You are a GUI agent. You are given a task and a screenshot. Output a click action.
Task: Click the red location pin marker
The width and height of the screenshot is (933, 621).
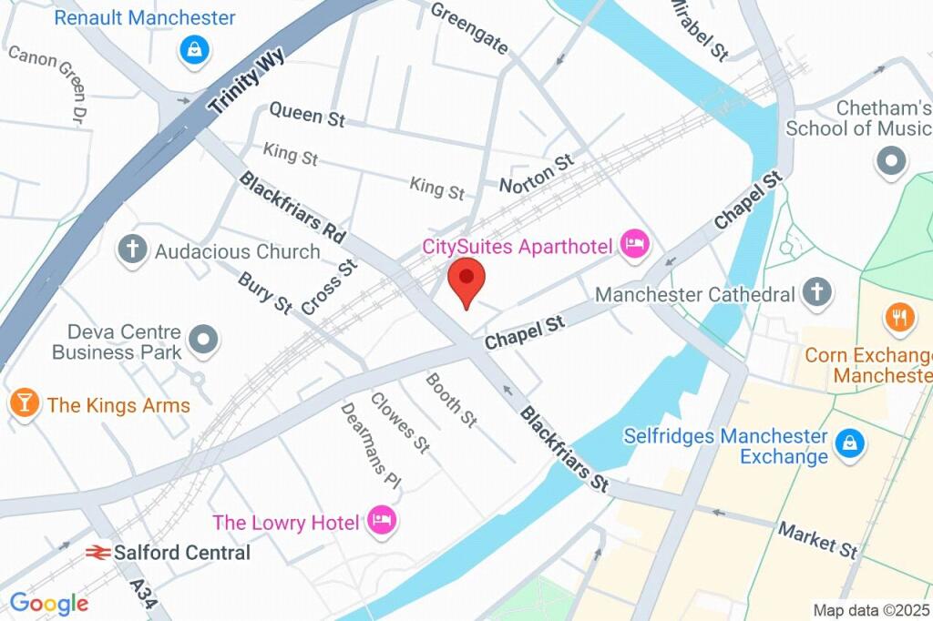click(466, 280)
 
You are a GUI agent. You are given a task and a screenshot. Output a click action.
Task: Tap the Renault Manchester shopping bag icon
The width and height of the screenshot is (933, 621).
click(194, 50)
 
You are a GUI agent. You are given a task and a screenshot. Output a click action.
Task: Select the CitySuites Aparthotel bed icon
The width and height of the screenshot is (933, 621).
click(633, 243)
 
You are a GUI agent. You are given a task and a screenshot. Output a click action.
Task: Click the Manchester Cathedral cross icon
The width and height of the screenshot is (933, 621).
click(817, 293)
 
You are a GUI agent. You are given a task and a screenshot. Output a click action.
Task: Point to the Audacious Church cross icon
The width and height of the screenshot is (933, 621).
click(132, 249)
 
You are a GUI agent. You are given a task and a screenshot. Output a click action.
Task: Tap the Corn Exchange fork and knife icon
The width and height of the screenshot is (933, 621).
click(899, 317)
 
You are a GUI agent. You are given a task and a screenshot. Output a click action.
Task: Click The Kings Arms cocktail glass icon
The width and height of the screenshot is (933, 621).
click(25, 403)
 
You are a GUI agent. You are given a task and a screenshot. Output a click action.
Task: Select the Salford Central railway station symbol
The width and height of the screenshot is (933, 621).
click(97, 553)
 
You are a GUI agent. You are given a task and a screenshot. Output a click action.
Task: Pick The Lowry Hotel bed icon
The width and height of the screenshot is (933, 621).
click(381, 521)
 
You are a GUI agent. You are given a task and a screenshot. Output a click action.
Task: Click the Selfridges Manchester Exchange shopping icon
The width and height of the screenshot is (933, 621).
click(849, 444)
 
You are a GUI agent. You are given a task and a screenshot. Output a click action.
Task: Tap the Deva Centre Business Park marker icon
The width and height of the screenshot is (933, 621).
click(205, 341)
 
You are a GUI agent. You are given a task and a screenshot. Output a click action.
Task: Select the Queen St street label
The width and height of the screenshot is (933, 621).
click(307, 115)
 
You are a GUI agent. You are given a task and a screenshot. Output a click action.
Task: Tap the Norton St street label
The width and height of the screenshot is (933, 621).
click(537, 173)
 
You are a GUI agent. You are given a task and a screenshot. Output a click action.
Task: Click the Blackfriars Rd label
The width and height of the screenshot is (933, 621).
click(292, 208)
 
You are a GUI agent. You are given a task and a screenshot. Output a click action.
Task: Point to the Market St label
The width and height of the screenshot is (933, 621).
click(818, 540)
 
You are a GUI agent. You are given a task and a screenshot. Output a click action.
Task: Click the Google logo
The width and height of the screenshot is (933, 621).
click(48, 602)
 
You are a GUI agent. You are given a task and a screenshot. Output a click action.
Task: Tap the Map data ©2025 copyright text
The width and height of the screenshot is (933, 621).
click(871, 610)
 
